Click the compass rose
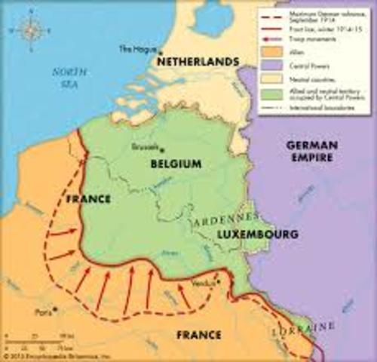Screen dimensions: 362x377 (x=32, y=31)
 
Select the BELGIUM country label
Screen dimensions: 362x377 (x=174, y=163)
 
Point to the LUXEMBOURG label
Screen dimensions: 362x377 (x=257, y=235)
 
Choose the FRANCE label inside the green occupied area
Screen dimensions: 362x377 (x=87, y=199)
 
